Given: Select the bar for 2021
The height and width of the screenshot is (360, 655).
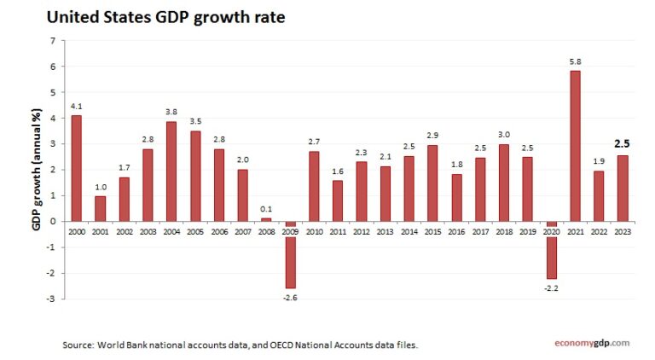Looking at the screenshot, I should tap(575, 145).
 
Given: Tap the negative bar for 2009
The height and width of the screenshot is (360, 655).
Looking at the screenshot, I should tap(291, 263).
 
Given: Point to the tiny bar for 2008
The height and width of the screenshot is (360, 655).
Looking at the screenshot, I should tap(266, 219).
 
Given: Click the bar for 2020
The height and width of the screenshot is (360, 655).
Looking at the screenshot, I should tap(552, 257).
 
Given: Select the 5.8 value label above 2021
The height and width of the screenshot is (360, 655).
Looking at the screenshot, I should tap(575, 61).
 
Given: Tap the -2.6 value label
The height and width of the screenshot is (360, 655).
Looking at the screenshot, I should tap(291, 298).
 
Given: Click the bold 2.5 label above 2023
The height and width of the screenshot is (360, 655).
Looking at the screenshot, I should tap(623, 143).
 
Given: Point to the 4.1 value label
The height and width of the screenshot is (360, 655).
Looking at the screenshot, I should tap(77, 106).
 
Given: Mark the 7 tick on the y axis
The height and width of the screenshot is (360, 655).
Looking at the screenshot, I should tap(53, 41).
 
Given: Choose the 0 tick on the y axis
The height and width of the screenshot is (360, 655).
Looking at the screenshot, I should tap(53, 222).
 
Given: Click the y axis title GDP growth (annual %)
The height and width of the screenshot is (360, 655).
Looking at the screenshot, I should tap(37, 171).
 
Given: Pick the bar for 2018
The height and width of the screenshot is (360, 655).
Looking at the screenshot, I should tap(504, 183).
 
